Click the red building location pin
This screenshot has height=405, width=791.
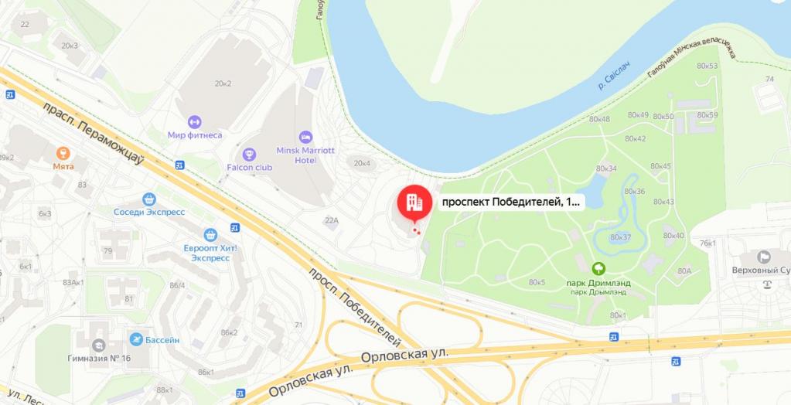click(x=414, y=202)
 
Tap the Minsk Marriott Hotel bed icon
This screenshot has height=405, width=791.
click(x=305, y=136)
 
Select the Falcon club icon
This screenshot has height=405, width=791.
click(x=249, y=154)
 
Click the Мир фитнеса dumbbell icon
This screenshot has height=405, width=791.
click(x=194, y=121)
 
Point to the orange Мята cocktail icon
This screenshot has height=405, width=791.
click(x=63, y=152)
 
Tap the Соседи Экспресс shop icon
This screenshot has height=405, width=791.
click(x=149, y=199)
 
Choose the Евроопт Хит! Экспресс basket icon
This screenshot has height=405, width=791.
click(x=210, y=234)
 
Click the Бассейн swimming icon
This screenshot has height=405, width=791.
click(x=137, y=339)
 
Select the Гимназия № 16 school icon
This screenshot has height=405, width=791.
click(x=99, y=345)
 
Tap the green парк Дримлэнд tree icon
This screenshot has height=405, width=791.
click(x=598, y=269)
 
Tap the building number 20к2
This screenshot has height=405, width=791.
click(x=223, y=83)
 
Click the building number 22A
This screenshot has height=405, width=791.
click(x=332, y=220)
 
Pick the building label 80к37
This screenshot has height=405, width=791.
click(x=621, y=237)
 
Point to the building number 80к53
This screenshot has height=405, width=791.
click(x=707, y=66)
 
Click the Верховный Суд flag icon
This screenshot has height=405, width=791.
click(x=764, y=257)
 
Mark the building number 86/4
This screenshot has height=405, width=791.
click(x=178, y=285)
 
